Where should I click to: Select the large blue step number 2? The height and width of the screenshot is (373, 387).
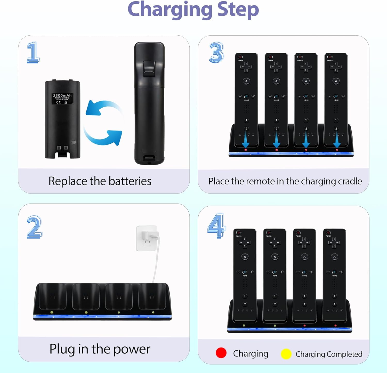click(34, 227)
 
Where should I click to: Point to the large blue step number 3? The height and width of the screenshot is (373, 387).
click(216, 53)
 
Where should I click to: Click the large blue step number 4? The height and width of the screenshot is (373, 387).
click(216, 225)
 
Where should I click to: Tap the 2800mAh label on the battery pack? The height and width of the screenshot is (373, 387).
click(62, 96)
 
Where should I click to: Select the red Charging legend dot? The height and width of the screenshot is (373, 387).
click(221, 353)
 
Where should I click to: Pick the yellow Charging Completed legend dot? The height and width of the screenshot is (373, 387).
click(286, 354)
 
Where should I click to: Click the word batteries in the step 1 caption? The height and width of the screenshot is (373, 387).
click(130, 181)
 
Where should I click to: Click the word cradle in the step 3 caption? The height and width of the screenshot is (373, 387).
click(350, 181)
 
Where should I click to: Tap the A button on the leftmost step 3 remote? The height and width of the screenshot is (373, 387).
click(246, 81)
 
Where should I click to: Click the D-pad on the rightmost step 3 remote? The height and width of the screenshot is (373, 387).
click(336, 67)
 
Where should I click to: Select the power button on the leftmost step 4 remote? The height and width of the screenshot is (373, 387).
click(239, 233)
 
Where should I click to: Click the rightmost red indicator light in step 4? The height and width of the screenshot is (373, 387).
click(335, 326)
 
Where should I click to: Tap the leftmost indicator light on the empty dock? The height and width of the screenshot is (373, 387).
click(52, 312)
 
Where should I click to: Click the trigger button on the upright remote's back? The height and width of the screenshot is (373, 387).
click(149, 69)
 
